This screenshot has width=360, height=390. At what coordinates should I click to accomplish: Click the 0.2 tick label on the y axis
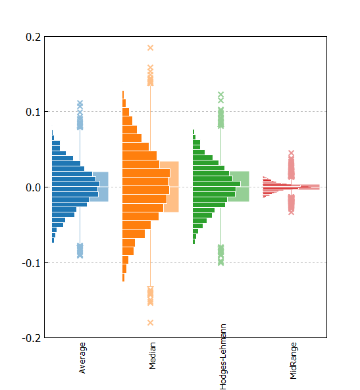tap(34, 37)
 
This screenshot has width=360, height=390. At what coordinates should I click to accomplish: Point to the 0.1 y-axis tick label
tap(34, 112)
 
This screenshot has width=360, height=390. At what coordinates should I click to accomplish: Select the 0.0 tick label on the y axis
tap(34, 187)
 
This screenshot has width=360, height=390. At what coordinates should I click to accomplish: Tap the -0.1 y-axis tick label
tap(32, 263)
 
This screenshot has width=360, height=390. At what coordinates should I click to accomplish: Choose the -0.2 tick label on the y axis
tap(32, 338)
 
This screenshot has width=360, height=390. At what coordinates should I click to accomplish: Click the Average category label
tap(82, 358)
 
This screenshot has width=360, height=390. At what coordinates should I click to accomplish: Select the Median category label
tap(152, 356)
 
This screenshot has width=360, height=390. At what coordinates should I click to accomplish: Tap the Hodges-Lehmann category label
tap(223, 356)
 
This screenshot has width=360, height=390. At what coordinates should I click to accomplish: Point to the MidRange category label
tap(294, 360)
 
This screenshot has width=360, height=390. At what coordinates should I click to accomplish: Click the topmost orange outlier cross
tap(150, 48)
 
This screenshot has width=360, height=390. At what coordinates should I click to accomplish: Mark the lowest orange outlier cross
tap(150, 323)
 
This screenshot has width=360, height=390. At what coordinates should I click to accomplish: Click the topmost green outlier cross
tap(221, 95)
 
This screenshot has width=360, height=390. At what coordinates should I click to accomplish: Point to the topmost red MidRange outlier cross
tap(292, 153)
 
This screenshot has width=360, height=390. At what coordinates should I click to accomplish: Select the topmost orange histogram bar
tap(123, 95)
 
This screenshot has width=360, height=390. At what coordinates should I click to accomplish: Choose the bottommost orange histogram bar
tap(123, 278)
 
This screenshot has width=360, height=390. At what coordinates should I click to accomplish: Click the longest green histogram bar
tap(217, 183)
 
